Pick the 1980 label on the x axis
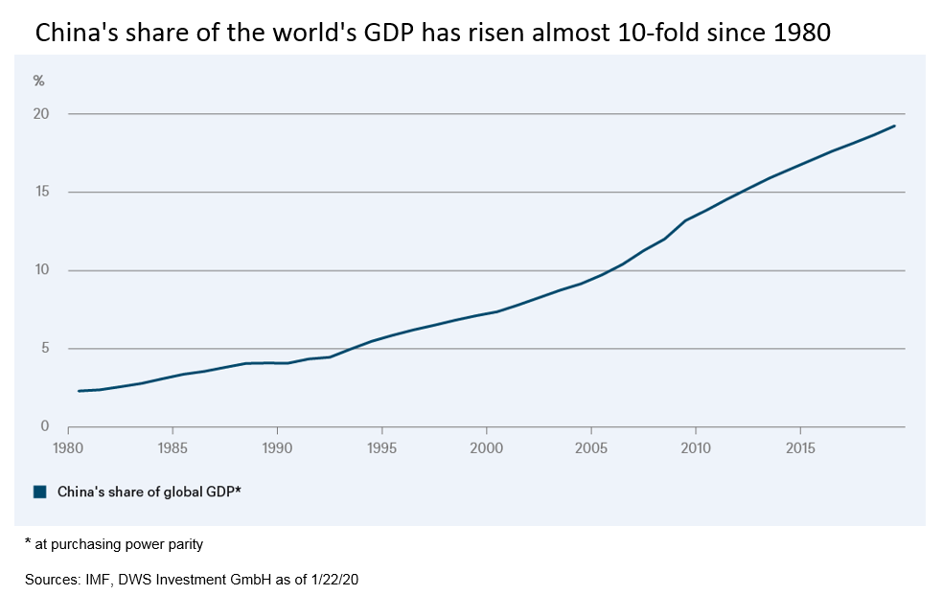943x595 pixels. coord(67,447)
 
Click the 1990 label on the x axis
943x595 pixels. coord(277,447)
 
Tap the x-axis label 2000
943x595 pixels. coord(487,447)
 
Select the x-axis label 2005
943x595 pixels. coord(591,447)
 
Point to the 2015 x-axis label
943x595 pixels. coord(800,447)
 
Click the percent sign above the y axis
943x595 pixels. coord(39,80)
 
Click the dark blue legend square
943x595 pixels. coord(39,492)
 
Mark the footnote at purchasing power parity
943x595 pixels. coord(114,544)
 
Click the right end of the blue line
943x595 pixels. coord(894,126)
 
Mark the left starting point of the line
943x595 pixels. coord(79,391)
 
